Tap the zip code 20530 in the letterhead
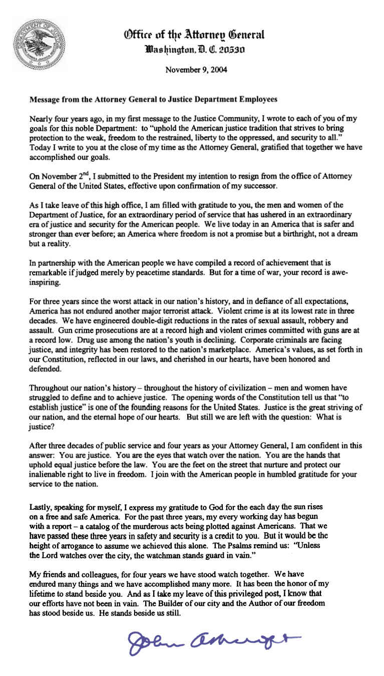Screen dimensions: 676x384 (243, 51)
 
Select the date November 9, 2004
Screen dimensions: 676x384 (196, 70)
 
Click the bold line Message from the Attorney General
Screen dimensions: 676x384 (153, 100)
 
